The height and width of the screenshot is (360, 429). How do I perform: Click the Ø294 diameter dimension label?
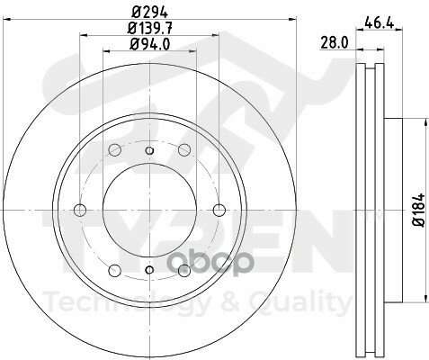tap(149, 13)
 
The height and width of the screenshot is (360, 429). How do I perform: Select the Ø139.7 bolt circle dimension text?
tap(149, 29)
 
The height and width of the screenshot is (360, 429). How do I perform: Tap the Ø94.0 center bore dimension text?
tap(149, 44)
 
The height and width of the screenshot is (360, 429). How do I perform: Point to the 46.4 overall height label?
tap(379, 22)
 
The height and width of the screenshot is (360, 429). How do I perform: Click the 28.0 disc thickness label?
tap(335, 42)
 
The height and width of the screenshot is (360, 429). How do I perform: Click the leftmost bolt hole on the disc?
tap(80, 210)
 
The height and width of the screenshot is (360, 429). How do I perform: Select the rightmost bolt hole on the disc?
tap(219, 210)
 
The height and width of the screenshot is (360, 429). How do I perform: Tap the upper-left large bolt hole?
tap(114, 149)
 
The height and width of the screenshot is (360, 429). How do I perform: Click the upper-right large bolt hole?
tap(184, 149)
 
